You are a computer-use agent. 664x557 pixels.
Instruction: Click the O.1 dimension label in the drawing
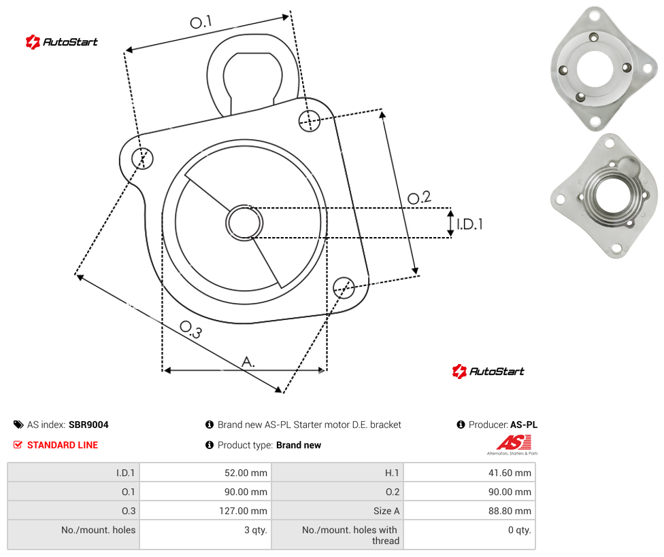201,22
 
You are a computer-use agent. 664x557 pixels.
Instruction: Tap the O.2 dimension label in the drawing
419,197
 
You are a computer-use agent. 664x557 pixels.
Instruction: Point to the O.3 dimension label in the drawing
190,329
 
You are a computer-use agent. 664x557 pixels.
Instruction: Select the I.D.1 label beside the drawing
469,223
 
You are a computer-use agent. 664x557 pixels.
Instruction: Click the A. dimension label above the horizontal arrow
248,361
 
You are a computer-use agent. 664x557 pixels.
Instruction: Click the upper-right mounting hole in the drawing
310,120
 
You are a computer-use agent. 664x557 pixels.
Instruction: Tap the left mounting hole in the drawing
142,158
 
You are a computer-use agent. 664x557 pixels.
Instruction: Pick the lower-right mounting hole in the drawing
344,287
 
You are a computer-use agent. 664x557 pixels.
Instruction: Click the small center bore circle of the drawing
244,223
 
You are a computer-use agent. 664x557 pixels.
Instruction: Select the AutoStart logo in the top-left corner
61,42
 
